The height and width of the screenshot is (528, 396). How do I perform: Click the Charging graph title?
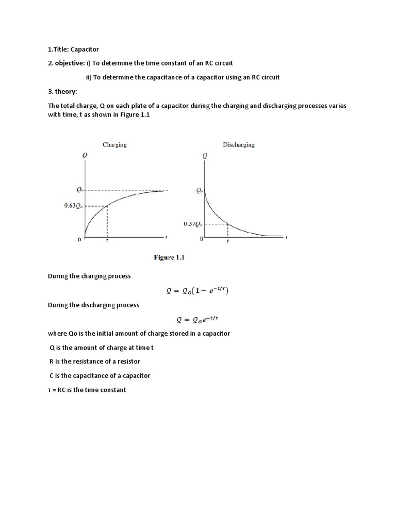(114, 145)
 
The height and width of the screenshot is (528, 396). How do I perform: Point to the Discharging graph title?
(239, 145)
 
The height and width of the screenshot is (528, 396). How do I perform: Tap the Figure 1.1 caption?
(169, 258)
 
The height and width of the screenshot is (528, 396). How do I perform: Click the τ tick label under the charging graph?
(107, 240)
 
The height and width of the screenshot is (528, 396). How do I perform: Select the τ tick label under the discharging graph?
(228, 241)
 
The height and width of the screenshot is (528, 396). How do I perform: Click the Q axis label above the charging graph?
(85, 155)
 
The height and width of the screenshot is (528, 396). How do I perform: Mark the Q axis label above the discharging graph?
(206, 155)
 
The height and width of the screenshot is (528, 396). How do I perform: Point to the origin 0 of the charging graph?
(80, 240)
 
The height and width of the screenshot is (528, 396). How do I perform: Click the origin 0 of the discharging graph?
(202, 240)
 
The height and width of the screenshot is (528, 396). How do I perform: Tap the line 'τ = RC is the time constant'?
(87, 390)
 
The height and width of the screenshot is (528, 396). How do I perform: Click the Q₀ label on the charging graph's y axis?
(78, 190)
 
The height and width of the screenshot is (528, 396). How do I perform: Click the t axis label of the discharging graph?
(286, 238)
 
